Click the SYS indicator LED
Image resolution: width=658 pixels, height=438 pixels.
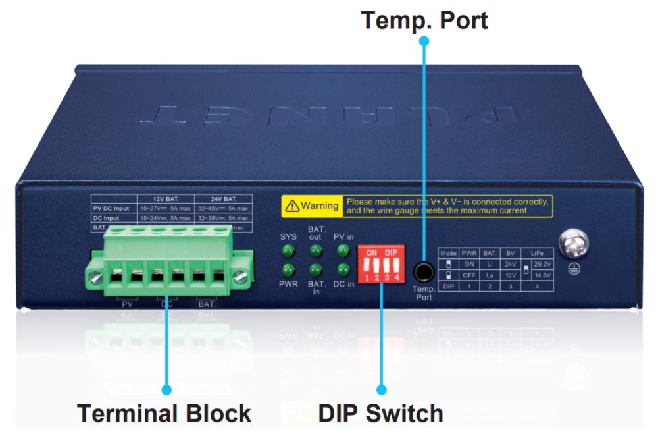[288, 251]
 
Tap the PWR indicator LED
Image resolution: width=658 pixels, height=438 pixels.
[288, 270]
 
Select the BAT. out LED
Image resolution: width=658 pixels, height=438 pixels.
[316, 251]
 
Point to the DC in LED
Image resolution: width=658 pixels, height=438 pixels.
[343, 270]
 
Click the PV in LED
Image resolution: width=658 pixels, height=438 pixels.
[343, 251]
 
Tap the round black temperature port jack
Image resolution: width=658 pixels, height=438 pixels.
[424, 271]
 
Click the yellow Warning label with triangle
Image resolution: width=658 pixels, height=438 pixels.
[311, 206]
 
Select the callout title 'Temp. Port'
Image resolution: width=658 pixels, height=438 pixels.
[424, 20]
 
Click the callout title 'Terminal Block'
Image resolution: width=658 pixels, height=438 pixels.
[164, 414]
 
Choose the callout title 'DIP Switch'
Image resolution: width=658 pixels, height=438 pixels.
[380, 414]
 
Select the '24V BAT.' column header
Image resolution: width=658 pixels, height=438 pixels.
[224, 198]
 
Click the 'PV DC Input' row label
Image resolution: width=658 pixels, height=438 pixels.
[113, 207]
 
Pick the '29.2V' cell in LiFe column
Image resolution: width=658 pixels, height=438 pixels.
[544, 264]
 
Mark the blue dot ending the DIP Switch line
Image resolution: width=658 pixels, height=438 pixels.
[381, 390]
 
